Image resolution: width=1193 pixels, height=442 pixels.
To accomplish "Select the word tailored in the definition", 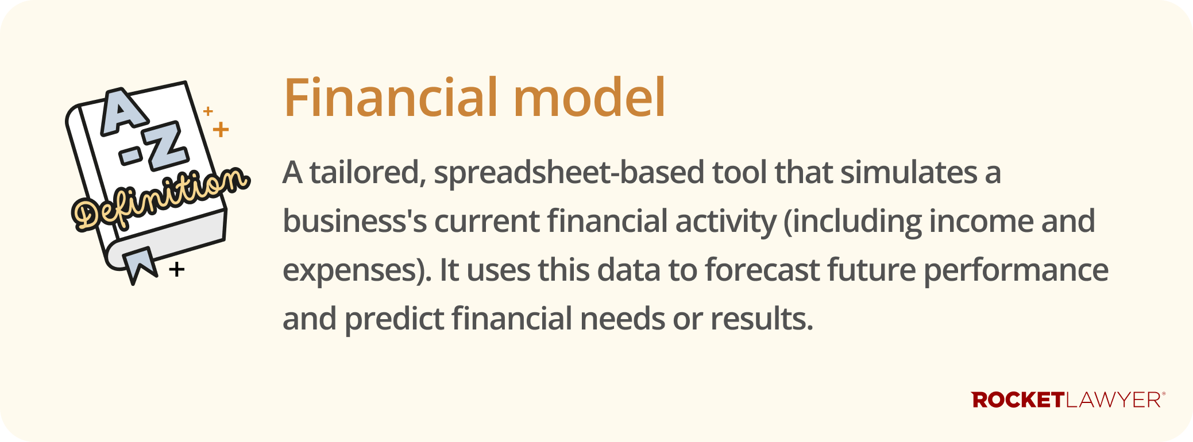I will tap(368, 172).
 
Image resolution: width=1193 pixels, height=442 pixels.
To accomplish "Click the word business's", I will tap(354, 221).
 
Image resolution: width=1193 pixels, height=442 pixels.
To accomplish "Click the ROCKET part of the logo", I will tap(1018, 400).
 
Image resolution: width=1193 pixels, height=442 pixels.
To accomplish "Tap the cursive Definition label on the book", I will tap(161, 198).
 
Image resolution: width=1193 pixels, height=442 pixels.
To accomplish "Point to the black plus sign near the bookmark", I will tap(177, 269).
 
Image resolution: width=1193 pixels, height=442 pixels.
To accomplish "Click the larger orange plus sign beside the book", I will tap(221, 129).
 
